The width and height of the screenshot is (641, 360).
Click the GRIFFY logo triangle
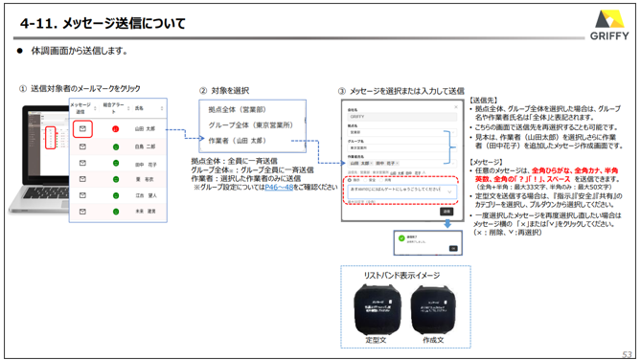click(609, 19)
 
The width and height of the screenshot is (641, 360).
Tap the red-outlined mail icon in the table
click(82, 126)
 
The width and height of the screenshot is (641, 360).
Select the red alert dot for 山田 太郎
click(115, 126)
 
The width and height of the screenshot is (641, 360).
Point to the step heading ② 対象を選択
click(229, 88)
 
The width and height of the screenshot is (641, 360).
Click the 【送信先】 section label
click(485, 100)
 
